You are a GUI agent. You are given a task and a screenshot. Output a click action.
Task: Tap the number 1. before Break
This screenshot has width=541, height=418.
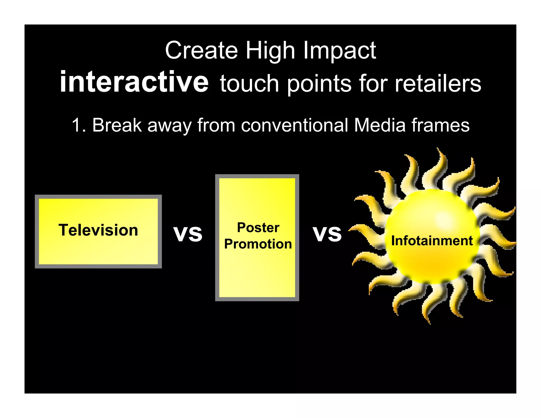[x=78, y=125]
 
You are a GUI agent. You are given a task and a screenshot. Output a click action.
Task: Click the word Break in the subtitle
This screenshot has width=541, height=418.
[x=117, y=125]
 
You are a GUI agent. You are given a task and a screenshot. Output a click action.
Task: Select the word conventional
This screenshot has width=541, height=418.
[x=294, y=125]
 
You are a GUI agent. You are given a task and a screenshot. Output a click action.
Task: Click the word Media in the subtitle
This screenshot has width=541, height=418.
[x=380, y=125]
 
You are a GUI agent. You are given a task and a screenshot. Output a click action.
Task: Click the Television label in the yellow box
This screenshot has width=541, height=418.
[x=98, y=230]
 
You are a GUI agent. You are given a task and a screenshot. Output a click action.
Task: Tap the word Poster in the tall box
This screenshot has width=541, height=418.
[x=258, y=227]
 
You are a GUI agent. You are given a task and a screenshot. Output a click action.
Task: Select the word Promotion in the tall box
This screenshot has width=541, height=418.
[x=258, y=244]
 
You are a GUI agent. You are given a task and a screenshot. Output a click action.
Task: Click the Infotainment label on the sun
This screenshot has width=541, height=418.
[x=432, y=241]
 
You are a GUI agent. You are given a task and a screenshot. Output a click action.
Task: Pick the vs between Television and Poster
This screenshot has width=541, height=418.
[x=188, y=234]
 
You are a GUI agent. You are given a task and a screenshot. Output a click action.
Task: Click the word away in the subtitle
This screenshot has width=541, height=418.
[x=169, y=126]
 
